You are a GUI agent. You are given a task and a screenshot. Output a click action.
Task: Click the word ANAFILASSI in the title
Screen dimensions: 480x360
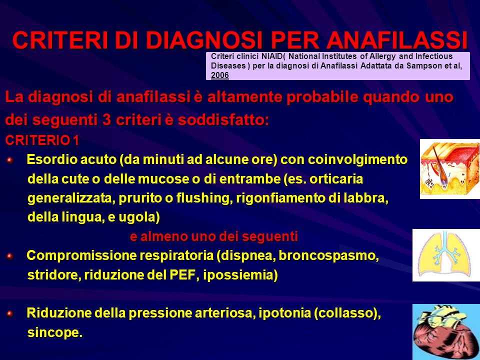[x=397, y=40]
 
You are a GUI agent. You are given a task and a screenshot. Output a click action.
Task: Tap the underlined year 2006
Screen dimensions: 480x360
[x=220, y=75]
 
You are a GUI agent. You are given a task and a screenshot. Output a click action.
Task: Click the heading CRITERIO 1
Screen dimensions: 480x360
[x=42, y=140]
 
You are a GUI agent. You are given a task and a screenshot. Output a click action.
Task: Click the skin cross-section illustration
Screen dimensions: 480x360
[x=450, y=169]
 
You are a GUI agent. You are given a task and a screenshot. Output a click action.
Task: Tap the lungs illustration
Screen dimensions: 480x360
[x=446, y=255]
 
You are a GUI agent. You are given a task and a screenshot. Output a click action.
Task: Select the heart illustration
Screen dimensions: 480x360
[x=446, y=332]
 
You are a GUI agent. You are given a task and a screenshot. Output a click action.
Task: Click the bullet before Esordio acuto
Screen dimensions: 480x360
[x=10, y=160]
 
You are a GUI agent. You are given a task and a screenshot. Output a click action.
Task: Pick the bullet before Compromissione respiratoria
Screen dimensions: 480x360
[x=10, y=256]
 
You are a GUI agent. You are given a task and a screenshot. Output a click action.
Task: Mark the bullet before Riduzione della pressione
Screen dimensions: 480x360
[x=10, y=314]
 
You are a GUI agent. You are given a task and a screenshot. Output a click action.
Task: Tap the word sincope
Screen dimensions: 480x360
[x=55, y=333]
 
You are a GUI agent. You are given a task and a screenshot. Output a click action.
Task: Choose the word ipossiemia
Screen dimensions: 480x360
[x=240, y=275]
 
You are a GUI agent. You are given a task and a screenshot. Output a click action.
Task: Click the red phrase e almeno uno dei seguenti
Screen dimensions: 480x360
[x=214, y=236]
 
